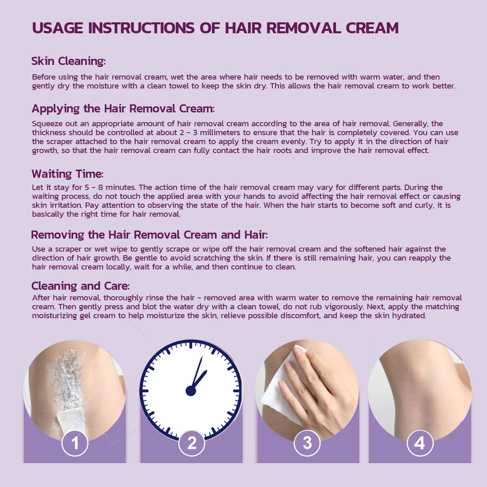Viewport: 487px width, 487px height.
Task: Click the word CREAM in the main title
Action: click(372, 28)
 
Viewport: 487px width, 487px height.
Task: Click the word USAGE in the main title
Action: click(58, 28)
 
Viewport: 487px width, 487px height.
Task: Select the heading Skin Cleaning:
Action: click(69, 61)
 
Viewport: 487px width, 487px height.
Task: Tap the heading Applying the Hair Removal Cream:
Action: click(123, 109)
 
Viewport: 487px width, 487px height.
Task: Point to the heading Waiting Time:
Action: click(67, 174)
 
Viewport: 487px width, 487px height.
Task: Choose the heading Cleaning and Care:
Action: click(80, 286)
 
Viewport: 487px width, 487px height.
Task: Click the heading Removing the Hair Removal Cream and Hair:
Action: click(149, 235)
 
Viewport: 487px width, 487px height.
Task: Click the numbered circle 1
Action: click(75, 443)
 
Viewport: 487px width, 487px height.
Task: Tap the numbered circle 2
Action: click(192, 443)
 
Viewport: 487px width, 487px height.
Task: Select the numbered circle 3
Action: click(307, 443)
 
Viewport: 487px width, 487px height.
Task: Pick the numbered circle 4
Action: click(420, 443)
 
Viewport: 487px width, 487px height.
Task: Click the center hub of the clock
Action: click(191, 391)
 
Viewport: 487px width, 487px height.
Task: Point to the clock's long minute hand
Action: click(197, 373)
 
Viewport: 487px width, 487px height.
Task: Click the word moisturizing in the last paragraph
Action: click(54, 316)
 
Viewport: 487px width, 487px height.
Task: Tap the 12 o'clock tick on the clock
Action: click(191, 345)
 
